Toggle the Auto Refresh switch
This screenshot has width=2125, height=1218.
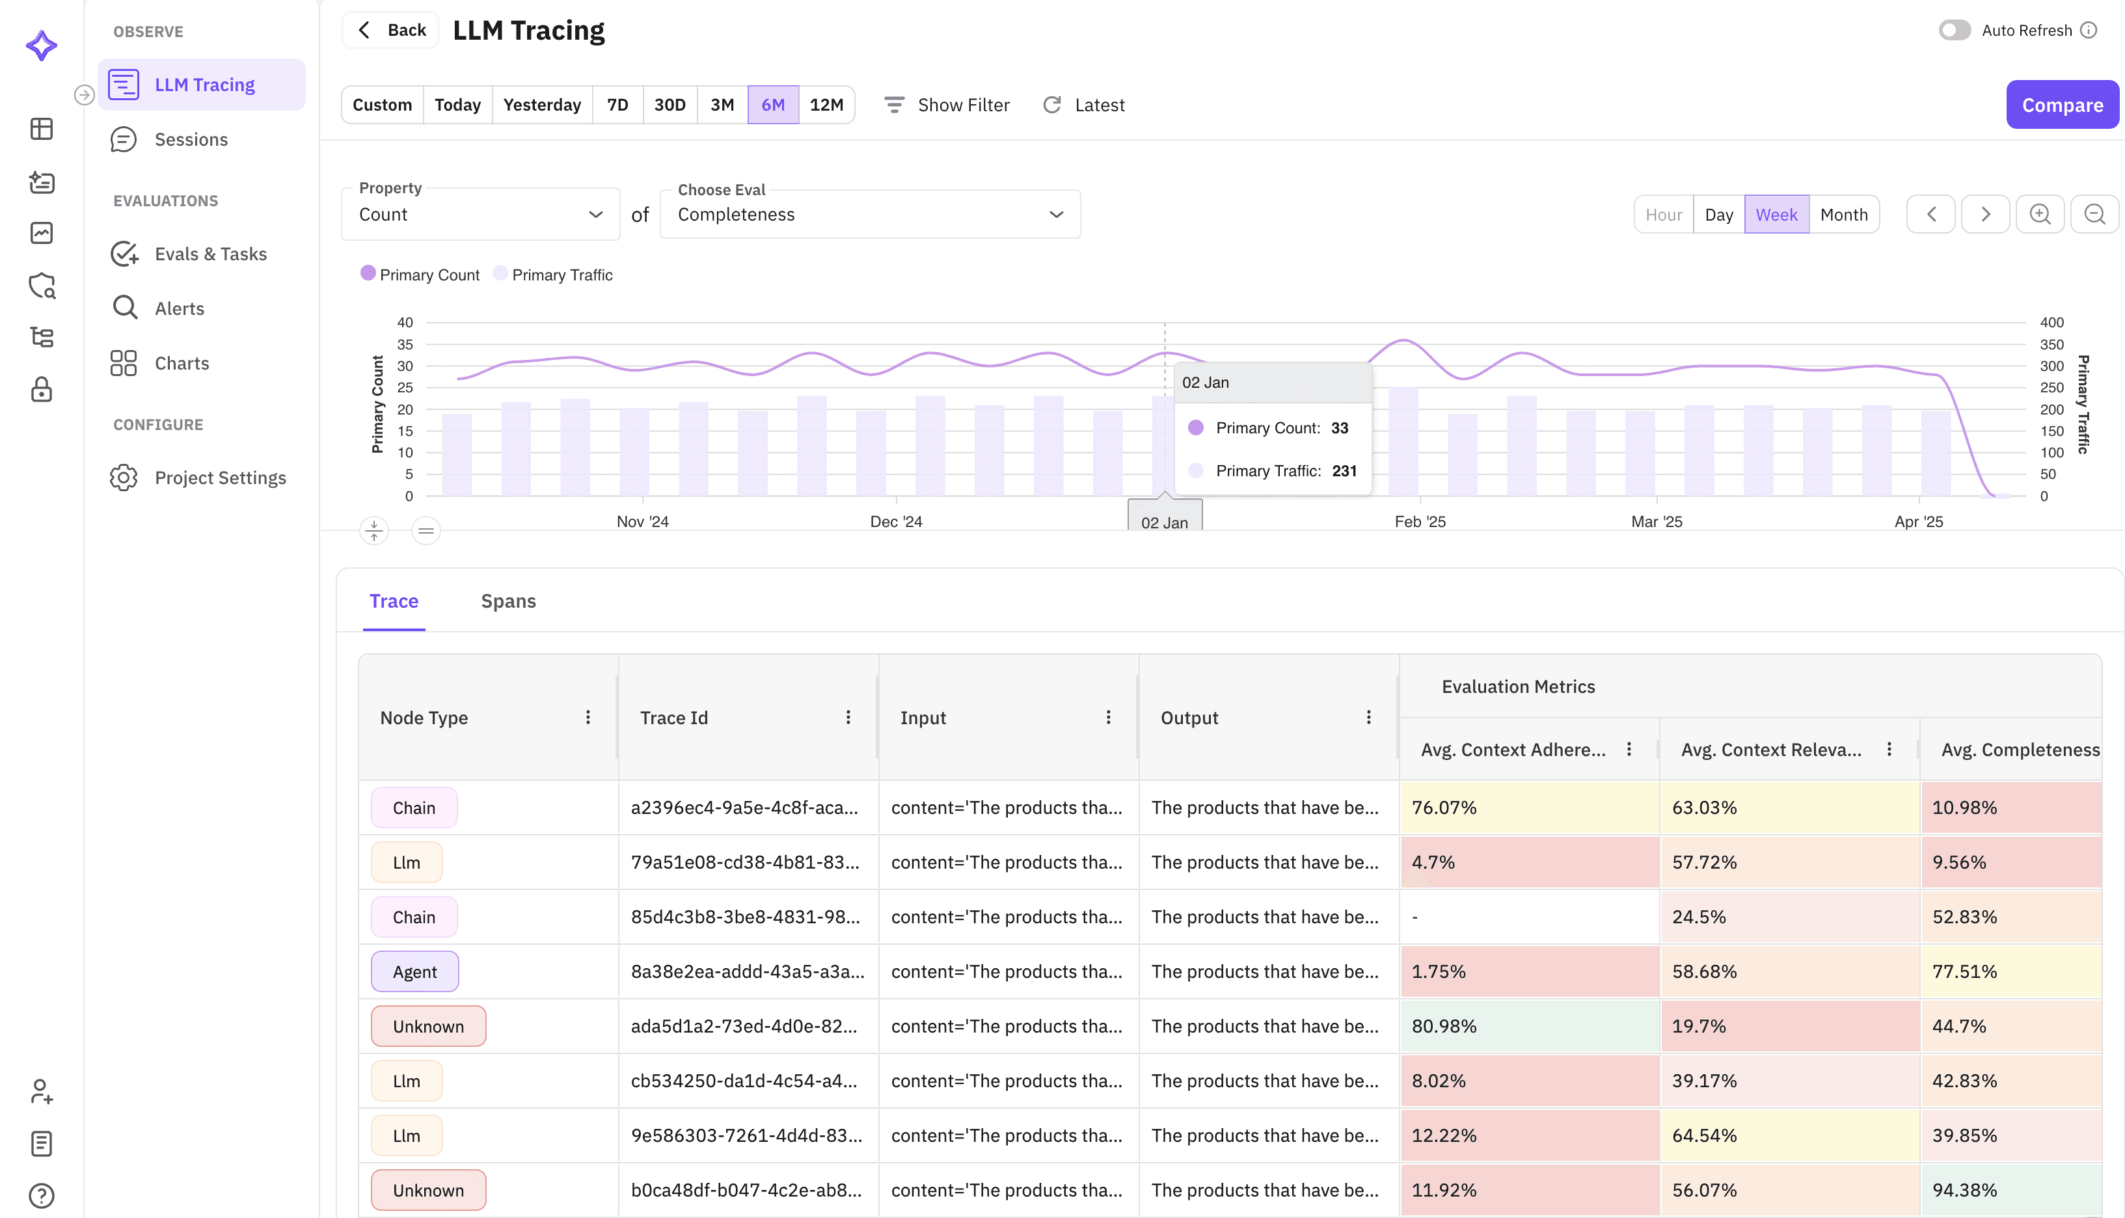[1955, 30]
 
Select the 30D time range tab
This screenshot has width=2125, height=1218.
[669, 105]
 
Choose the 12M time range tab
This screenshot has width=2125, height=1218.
[826, 105]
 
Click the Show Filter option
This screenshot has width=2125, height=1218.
[947, 105]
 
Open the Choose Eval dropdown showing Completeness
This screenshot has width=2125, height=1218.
[870, 214]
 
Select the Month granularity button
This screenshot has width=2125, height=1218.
[1843, 214]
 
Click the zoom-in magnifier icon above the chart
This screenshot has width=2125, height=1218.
[2040, 214]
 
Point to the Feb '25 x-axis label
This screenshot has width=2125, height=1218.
[1420, 521]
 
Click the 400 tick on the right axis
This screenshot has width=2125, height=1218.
[2051, 322]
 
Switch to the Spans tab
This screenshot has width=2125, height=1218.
[508, 601]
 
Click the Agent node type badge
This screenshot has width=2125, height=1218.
[415, 971]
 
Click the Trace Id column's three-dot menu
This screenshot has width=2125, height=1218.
[848, 717]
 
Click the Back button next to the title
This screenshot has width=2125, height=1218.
[390, 30]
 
